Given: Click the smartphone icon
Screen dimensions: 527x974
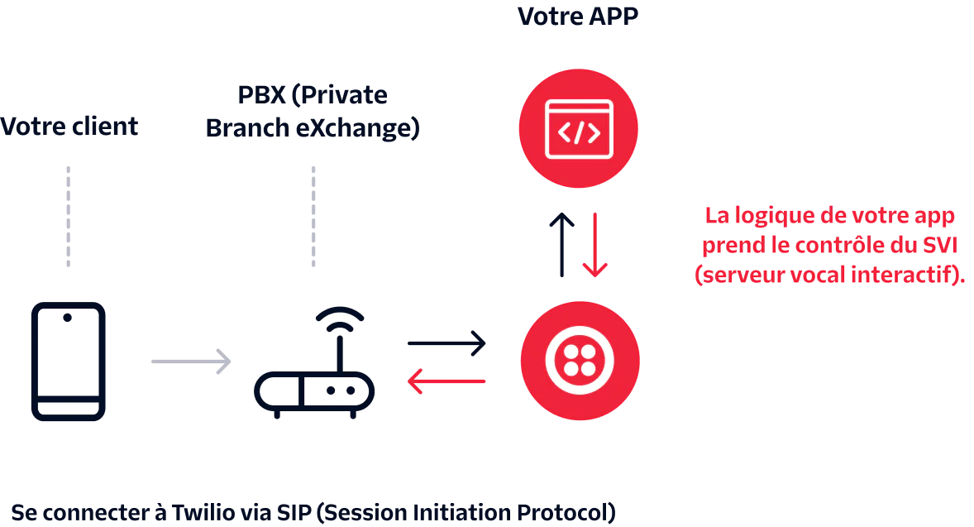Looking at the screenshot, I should [66, 362].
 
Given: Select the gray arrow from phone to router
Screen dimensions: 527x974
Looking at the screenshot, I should [187, 361].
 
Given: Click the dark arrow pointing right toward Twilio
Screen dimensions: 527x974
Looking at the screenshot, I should [446, 342].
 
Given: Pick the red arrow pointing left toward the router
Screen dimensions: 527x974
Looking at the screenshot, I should [446, 381].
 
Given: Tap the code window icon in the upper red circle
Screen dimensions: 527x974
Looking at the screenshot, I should [578, 128].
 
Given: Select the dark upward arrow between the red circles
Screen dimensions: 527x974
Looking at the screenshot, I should [562, 244].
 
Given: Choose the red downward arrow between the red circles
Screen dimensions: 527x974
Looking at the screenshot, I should [594, 244].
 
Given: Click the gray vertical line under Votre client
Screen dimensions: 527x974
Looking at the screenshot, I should [69, 218].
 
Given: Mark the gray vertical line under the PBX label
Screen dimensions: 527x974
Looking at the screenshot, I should [314, 218].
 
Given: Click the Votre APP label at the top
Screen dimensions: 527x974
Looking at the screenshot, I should [578, 16].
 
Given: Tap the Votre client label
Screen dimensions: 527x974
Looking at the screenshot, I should [69, 128].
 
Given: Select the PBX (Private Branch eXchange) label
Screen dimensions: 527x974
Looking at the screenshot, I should [314, 112].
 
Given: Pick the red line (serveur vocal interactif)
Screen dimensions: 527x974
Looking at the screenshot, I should [830, 275].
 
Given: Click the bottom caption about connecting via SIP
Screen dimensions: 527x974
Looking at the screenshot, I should [313, 510].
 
